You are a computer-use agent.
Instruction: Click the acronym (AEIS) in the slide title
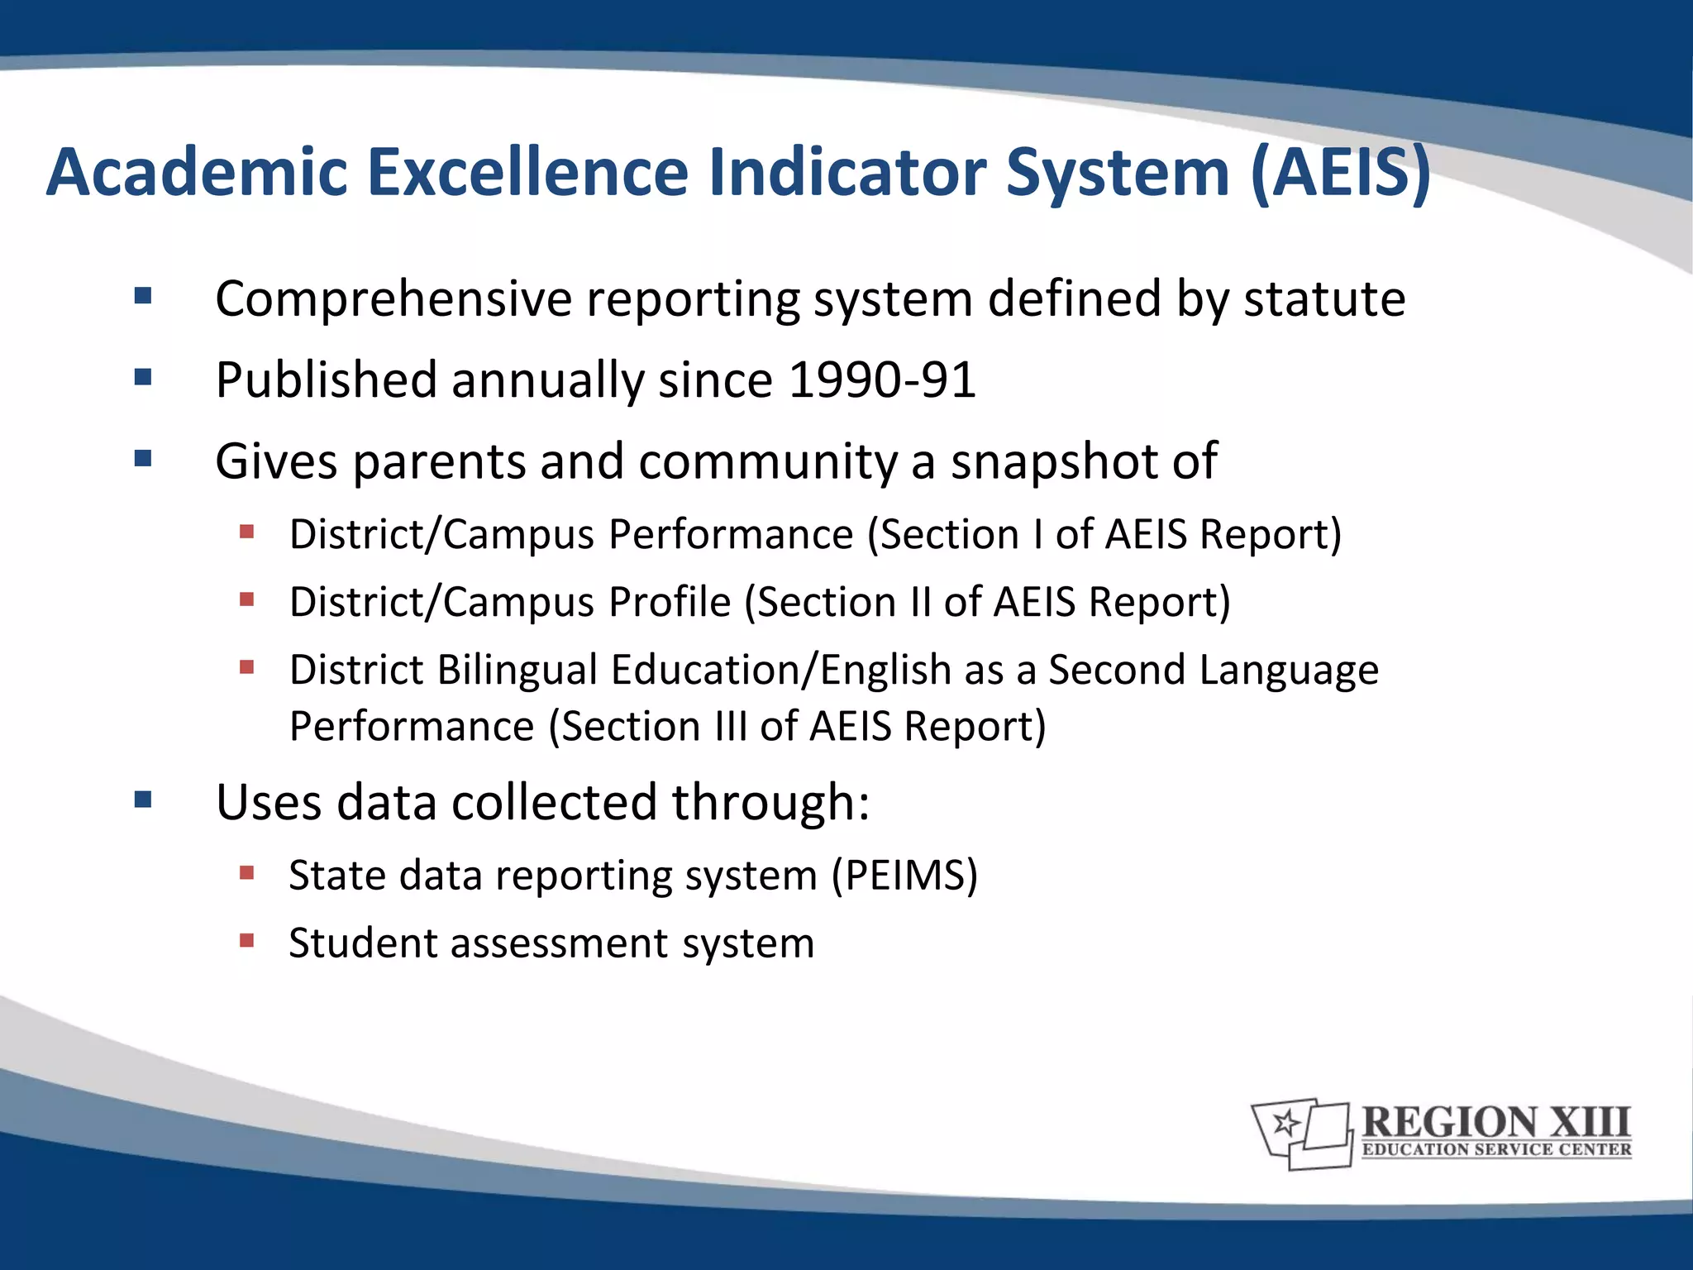click(1341, 174)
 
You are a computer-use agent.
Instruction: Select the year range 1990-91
click(882, 380)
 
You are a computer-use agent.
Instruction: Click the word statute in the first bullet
click(1324, 298)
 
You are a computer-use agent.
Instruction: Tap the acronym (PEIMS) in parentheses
click(904, 875)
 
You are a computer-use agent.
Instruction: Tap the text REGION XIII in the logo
click(1495, 1123)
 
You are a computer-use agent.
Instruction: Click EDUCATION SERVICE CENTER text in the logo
click(1496, 1150)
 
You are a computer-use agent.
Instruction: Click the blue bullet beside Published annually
click(143, 378)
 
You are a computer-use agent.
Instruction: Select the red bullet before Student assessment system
click(246, 940)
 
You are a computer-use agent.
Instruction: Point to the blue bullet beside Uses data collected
click(143, 800)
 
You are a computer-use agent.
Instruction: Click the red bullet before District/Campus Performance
click(246, 532)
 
